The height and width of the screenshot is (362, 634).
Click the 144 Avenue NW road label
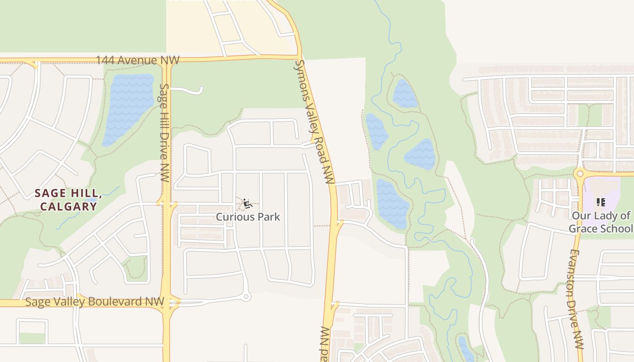(138, 60)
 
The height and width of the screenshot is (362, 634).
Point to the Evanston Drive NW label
(576, 299)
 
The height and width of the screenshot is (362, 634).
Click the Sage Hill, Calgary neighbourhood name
(68, 200)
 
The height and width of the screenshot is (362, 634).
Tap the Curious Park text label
(248, 217)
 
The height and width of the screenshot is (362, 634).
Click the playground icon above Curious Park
(247, 204)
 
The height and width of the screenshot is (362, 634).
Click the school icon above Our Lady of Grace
(601, 202)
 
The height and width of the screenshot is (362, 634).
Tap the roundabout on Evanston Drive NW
(579, 173)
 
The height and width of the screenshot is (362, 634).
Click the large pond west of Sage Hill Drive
(128, 109)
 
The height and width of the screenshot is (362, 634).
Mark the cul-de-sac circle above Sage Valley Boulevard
(246, 297)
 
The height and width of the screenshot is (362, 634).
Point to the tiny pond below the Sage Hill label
(92, 200)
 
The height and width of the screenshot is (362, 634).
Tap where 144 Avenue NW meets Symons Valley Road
(299, 57)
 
